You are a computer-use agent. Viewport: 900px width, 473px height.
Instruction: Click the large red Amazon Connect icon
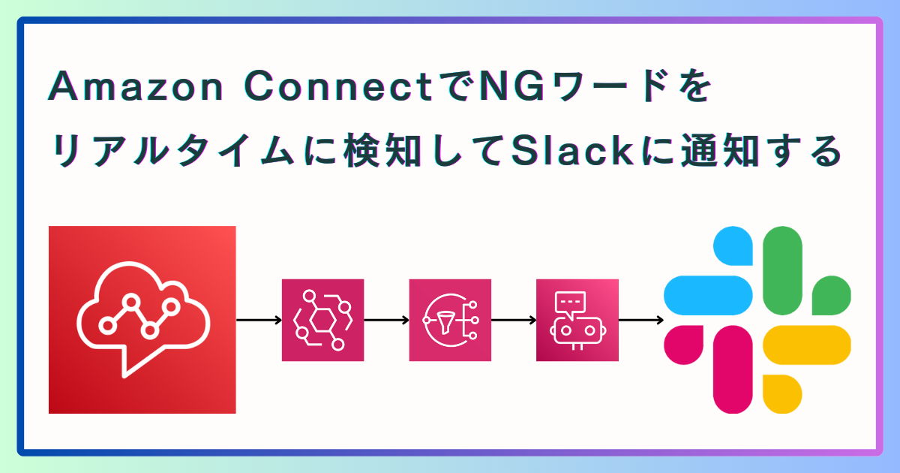point(142,320)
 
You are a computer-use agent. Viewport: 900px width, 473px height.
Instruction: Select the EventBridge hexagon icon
point(322,320)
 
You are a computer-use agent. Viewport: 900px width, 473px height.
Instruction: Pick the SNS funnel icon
point(450,320)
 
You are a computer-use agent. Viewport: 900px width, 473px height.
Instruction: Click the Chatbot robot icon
point(577,320)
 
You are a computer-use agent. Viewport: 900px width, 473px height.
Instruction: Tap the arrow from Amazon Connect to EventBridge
point(259,320)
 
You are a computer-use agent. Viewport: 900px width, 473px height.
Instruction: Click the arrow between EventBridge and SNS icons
point(386,320)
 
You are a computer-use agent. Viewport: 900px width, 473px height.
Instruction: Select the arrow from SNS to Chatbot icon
point(514,320)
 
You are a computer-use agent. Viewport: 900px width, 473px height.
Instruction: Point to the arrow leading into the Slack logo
point(641,320)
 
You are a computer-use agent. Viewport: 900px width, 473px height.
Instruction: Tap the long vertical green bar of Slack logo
point(782,270)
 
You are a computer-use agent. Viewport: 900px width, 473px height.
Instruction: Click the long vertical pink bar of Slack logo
point(733,369)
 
